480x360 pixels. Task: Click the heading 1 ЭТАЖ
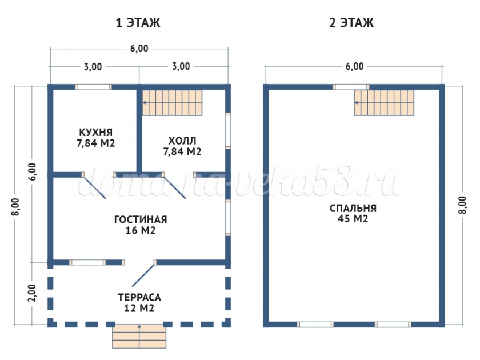138,23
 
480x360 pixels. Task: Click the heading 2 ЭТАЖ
351,23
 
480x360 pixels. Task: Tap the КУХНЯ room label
96,132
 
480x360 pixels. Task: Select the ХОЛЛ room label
182,141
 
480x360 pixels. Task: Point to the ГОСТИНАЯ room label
141,219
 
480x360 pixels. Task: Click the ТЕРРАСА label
139,297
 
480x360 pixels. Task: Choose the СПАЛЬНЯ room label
353,208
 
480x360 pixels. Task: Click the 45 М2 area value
353,219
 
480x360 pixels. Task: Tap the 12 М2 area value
139,308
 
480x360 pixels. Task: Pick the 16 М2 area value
141,230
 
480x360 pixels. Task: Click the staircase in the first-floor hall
173,102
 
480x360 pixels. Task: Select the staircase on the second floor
384,102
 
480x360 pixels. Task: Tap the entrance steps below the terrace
139,337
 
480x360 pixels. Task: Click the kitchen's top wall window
93,87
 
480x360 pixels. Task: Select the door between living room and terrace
143,274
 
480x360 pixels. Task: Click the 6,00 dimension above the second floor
354,66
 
